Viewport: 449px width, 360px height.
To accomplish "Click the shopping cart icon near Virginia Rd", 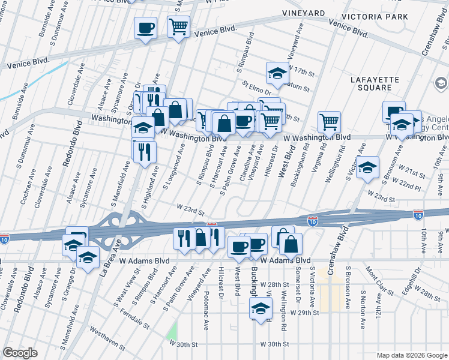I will [x=329, y=122].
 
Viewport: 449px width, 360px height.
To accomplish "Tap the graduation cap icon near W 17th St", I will [x=277, y=73].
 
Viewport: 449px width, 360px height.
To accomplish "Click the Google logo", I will [x=20, y=353].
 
